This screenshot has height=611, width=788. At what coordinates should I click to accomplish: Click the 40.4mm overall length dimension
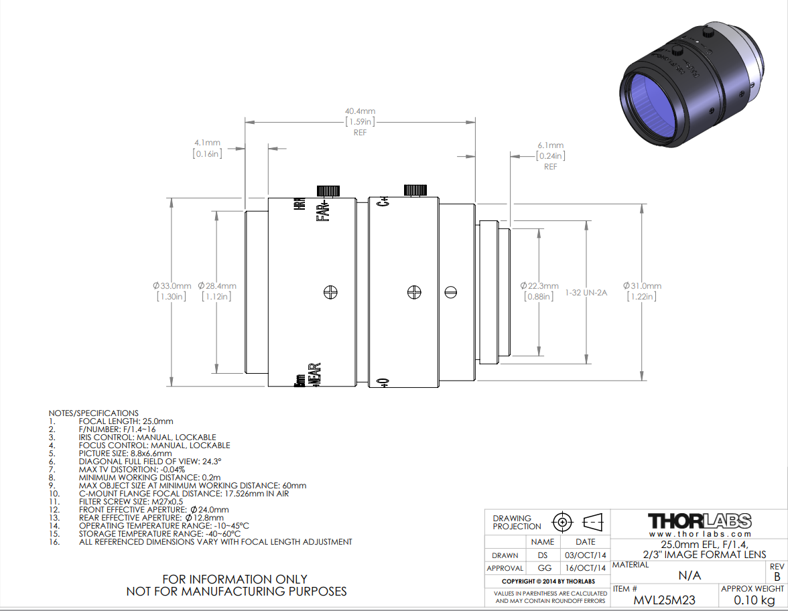[360, 111]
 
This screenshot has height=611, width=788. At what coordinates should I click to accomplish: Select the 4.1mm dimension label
[207, 143]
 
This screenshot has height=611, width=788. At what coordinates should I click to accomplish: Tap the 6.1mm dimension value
[550, 145]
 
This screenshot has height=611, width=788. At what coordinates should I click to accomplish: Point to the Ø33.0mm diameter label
[172, 285]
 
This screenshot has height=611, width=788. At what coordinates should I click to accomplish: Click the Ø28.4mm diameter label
[217, 285]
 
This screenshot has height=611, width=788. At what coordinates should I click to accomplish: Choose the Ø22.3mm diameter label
[539, 285]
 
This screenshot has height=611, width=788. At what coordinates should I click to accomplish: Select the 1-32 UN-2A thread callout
[586, 292]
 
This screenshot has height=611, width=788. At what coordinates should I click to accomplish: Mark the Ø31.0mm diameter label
[642, 285]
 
